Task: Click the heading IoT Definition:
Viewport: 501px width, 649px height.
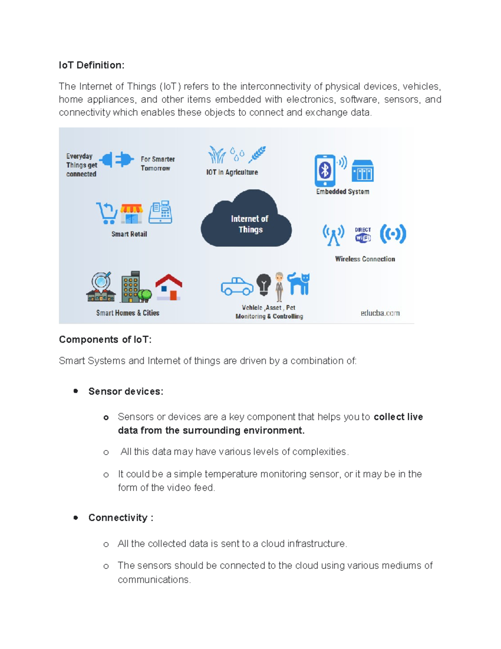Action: tap(91, 65)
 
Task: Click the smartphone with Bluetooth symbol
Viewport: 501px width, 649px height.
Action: tap(325, 171)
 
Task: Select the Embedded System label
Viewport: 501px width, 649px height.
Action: tap(342, 192)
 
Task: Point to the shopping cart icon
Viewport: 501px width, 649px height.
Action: tap(107, 213)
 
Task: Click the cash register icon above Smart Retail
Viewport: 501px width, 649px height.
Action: tap(161, 212)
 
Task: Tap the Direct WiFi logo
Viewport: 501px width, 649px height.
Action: tap(363, 235)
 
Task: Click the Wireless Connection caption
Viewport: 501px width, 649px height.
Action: tap(365, 259)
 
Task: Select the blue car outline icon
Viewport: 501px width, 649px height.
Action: tap(237, 286)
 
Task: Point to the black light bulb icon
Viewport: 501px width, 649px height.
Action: tap(263, 285)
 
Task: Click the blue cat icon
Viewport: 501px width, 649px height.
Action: tap(299, 283)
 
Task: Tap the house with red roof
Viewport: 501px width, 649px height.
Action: tap(169, 287)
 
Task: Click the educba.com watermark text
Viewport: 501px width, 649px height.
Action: tap(380, 313)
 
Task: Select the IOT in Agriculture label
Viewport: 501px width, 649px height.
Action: tap(232, 172)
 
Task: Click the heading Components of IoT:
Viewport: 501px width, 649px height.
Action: tap(105, 339)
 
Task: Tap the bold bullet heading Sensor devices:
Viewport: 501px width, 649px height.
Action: tap(126, 392)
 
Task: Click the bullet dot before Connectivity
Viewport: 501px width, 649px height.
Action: tap(76, 518)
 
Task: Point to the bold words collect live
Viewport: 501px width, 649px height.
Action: tap(398, 417)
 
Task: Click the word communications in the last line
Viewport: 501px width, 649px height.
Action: tap(154, 580)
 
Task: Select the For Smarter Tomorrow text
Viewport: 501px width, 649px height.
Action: tap(157, 163)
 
